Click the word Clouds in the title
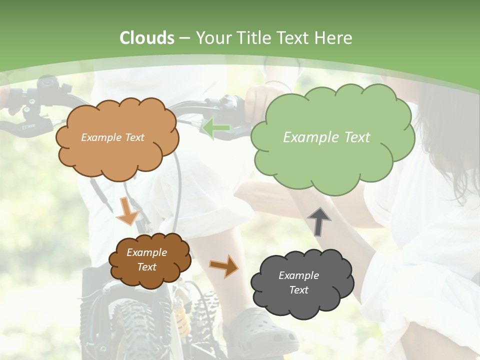click(147, 38)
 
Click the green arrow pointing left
click(216, 128)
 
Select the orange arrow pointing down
click(128, 211)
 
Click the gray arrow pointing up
click(318, 221)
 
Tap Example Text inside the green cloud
click(326, 137)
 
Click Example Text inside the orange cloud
click(112, 137)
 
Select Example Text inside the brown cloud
click(146, 260)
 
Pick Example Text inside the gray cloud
click(298, 282)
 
